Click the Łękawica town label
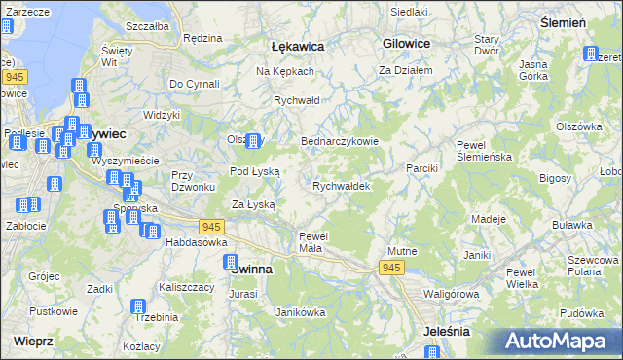pyautogui.click(x=297, y=46)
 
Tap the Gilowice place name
pyautogui.click(x=408, y=44)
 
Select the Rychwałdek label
pyautogui.click(x=341, y=185)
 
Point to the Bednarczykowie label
pyautogui.click(x=339, y=140)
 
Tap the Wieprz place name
pyautogui.click(x=33, y=342)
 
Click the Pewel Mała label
pyautogui.click(x=316, y=241)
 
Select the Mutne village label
pyautogui.click(x=402, y=251)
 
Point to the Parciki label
pyautogui.click(x=422, y=168)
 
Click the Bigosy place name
pyautogui.click(x=555, y=178)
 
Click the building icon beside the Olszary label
pyautogui.click(x=254, y=141)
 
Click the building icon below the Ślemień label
pyautogui.click(x=590, y=53)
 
